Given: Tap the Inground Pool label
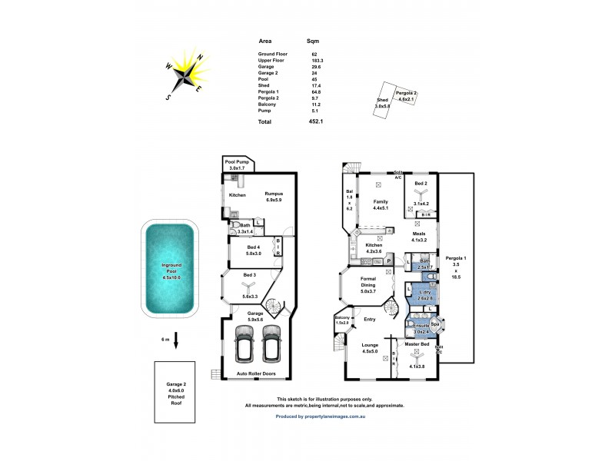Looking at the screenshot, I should pos(171,268).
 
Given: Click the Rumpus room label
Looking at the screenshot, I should pos(274,196).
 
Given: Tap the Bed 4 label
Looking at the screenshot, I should pos(254,249).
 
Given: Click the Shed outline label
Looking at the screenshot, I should pos(383,102).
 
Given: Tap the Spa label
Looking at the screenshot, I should pos(434,324).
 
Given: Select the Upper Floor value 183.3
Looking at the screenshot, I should pos(316,60).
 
